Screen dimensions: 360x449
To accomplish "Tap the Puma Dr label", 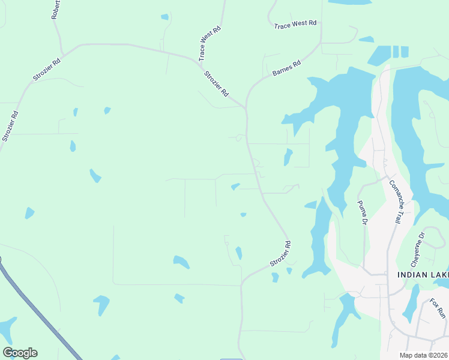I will [x=362, y=213].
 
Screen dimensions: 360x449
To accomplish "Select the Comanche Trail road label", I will [x=394, y=202].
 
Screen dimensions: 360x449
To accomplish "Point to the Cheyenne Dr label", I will [x=418, y=250].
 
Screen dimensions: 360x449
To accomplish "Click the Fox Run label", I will [x=438, y=308].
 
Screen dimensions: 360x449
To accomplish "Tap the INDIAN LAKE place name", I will [x=423, y=275].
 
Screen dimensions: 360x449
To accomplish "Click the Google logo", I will [x=20, y=353].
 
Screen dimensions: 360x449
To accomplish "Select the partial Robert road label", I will [x=55, y=10].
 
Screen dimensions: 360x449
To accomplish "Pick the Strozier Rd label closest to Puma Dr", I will [x=280, y=254].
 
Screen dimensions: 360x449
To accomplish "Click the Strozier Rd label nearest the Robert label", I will [x=47, y=70].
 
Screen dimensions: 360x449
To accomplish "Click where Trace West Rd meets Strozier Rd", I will [x=199, y=61].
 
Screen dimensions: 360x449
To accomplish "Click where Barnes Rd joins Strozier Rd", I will [x=246, y=96].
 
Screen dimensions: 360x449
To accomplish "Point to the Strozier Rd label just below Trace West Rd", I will [x=217, y=85].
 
